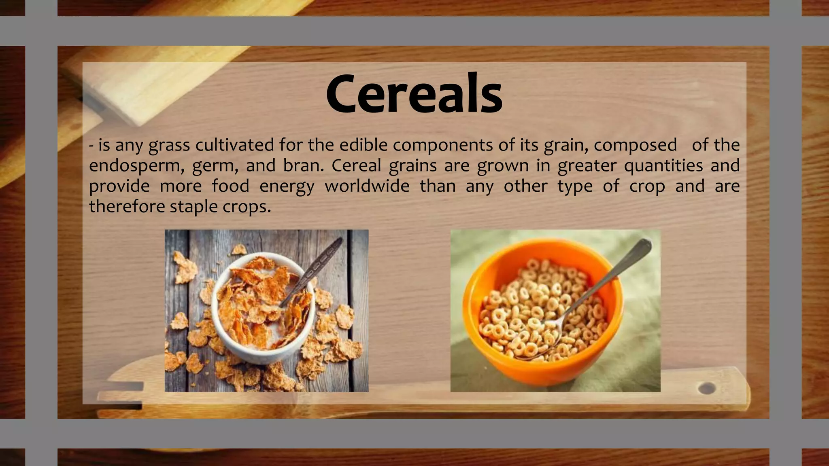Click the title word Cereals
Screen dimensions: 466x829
(414, 94)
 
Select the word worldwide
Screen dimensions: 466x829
(367, 186)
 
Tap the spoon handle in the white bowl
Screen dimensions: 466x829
(320, 263)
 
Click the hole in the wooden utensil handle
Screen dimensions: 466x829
(707, 388)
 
